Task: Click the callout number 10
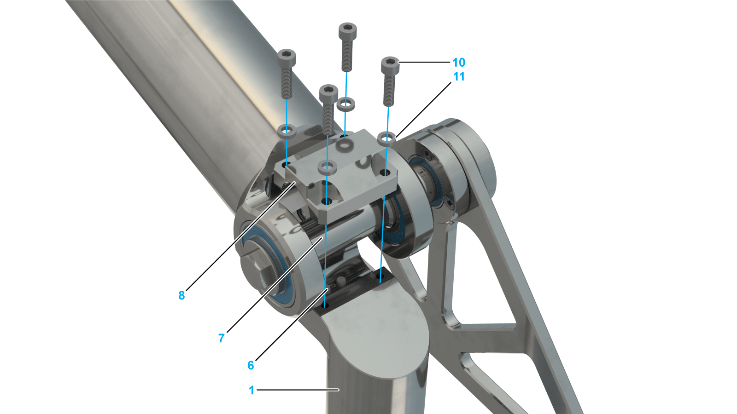click(x=459, y=63)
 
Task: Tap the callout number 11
click(x=459, y=76)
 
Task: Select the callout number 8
click(x=181, y=295)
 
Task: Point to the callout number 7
click(x=222, y=338)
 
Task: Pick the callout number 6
click(x=251, y=365)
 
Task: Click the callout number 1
click(x=252, y=390)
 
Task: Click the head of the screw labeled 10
click(x=390, y=65)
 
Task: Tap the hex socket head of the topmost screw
click(x=348, y=30)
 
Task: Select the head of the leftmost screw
click(x=287, y=57)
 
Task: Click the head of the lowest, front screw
click(x=329, y=92)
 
